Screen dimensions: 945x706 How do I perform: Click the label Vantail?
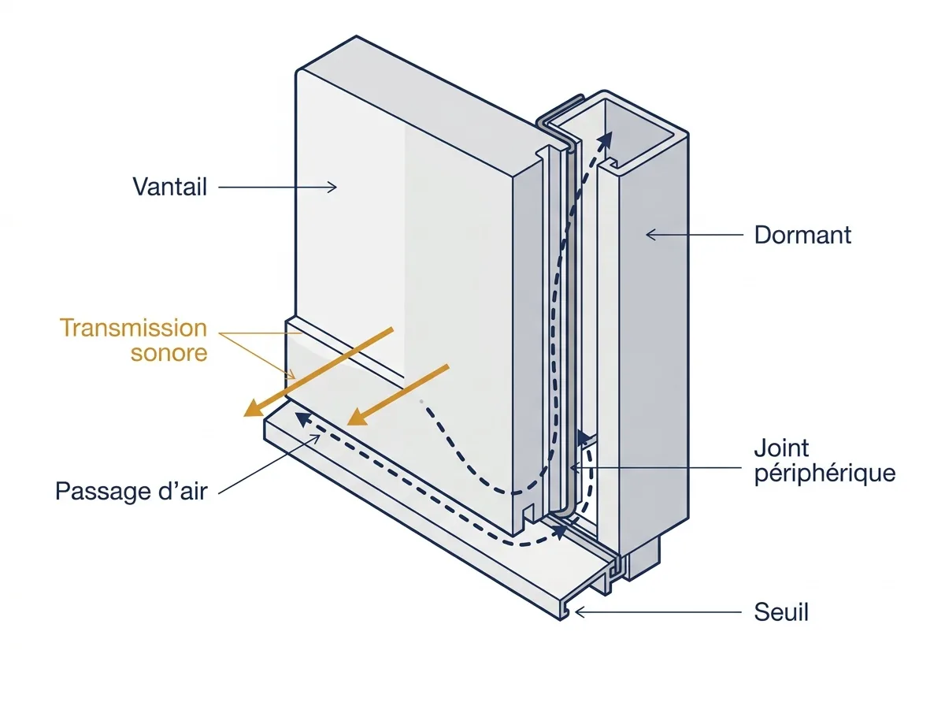coord(169,187)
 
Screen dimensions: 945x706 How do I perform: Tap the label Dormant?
coord(802,235)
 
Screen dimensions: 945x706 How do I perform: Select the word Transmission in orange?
coord(133,328)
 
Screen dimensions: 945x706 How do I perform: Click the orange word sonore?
coord(169,353)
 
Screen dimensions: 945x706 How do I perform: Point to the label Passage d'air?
coord(132,491)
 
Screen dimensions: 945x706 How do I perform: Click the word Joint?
coord(781,448)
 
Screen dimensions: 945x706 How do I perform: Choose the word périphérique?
coord(825,474)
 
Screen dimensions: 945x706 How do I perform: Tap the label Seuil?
coord(781,612)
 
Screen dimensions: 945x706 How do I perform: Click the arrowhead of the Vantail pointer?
coord(335,188)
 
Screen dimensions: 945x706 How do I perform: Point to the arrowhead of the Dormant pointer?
coord(647,235)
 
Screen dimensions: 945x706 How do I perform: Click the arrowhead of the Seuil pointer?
coord(576,612)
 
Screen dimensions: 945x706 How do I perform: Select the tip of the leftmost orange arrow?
coord(245,416)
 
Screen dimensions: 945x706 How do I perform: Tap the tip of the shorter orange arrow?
coord(347,425)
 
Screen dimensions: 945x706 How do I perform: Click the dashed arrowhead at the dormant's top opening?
coord(610,132)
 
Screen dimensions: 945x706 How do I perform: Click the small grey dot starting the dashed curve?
coord(421,402)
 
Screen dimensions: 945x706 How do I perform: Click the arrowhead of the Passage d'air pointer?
coord(320,436)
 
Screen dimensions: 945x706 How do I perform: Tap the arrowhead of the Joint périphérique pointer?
coord(570,467)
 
